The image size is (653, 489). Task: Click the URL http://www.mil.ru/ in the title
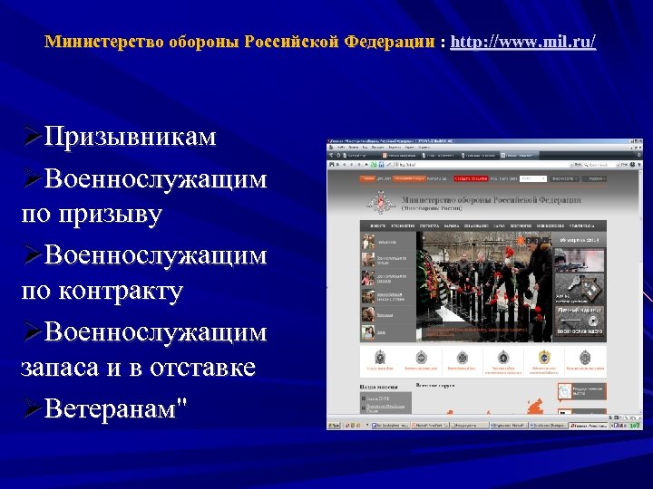pos(523,43)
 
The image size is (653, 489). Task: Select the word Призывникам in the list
pos(130,137)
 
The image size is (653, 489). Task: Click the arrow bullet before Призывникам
pos(32,137)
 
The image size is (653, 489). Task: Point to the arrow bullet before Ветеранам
pos(32,408)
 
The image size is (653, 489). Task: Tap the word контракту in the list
pos(122,292)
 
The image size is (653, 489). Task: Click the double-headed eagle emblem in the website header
pos(376,202)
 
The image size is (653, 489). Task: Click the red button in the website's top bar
pos(471,179)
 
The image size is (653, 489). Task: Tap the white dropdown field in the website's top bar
pos(533,179)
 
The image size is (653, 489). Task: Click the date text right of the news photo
pos(581,240)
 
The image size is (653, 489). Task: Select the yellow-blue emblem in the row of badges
pos(544,357)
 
